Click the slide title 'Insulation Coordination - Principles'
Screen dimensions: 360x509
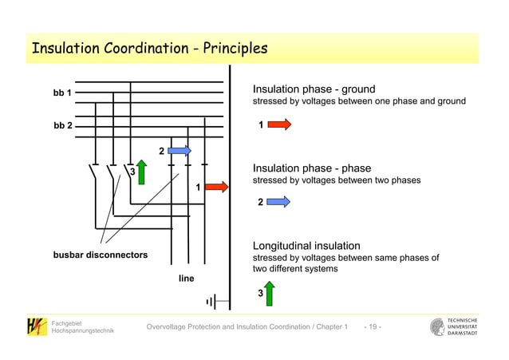click(148, 49)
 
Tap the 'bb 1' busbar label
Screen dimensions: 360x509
click(62, 93)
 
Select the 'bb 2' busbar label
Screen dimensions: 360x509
click(62, 126)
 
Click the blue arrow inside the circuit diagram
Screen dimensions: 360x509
click(180, 150)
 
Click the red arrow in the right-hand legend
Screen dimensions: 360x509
click(279, 125)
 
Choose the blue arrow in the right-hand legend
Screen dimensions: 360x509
click(278, 203)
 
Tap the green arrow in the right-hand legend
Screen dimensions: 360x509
click(270, 294)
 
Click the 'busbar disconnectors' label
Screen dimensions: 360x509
click(101, 255)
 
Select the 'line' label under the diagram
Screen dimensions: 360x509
click(186, 279)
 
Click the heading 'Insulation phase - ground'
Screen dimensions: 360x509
click(314, 89)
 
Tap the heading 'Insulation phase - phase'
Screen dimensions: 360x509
click(311, 168)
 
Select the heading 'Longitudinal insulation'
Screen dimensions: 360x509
click(306, 246)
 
